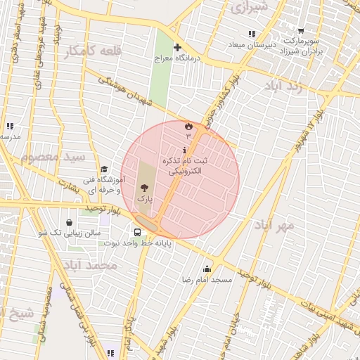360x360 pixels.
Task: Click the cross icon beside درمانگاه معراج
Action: pyautogui.click(x=177, y=47)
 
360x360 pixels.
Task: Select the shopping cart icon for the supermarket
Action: pyautogui.click(x=301, y=31)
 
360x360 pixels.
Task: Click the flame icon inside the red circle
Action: pyautogui.click(x=188, y=125)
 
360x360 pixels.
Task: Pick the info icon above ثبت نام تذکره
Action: pyautogui.click(x=184, y=150)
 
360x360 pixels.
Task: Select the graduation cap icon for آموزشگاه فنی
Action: pyautogui.click(x=104, y=169)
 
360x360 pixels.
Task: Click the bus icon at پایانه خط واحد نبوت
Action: pyautogui.click(x=137, y=231)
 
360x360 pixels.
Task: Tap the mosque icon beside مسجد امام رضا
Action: pyautogui.click(x=207, y=268)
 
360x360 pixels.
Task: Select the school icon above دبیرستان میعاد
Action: pyautogui.click(x=251, y=34)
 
